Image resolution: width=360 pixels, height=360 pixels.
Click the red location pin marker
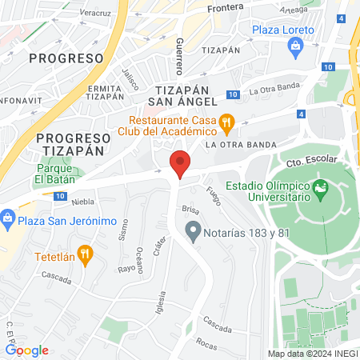[180, 163]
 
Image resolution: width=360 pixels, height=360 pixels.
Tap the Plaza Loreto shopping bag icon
[297, 46]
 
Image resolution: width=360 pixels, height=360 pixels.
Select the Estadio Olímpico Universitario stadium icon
[322, 190]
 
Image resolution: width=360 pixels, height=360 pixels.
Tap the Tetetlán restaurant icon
[87, 258]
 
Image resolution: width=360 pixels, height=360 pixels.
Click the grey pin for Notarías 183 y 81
[192, 233]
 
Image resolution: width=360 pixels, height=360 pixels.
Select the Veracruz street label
[94, 14]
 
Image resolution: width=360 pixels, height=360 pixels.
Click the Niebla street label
[82, 202]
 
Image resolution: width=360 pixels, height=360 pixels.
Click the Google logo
[26, 350]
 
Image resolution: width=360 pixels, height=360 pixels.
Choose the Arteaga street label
[294, 9]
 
